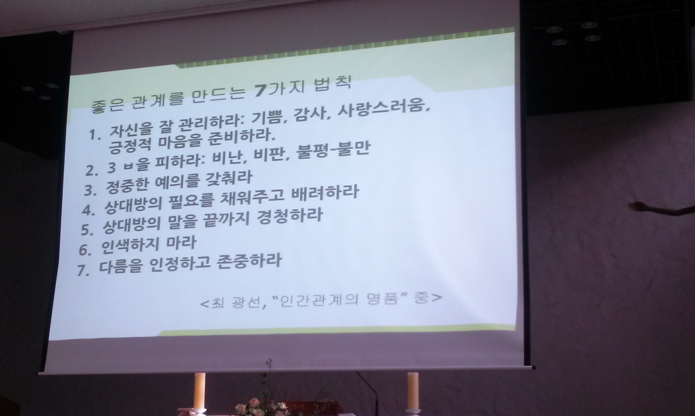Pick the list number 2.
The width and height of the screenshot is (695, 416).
point(91,171)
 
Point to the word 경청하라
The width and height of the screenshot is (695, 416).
point(290,217)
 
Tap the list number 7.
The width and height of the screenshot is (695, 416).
point(83,271)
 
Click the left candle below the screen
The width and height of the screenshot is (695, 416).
point(200,393)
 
